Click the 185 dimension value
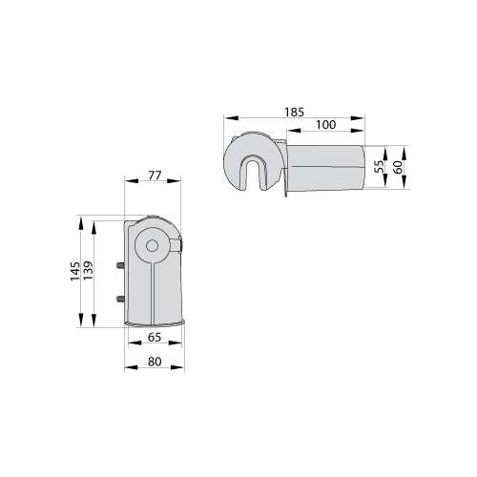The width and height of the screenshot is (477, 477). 294,113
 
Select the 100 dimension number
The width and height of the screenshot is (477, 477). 325,125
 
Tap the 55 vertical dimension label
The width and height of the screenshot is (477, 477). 379,166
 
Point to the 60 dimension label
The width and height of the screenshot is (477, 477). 398,167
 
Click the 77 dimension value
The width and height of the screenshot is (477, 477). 155,176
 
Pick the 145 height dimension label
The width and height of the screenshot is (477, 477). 75,271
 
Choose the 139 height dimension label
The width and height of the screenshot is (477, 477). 88,270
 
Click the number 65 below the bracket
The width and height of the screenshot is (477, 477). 155,337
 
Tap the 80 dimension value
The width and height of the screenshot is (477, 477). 155,362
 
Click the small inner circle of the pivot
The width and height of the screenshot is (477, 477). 153,246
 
